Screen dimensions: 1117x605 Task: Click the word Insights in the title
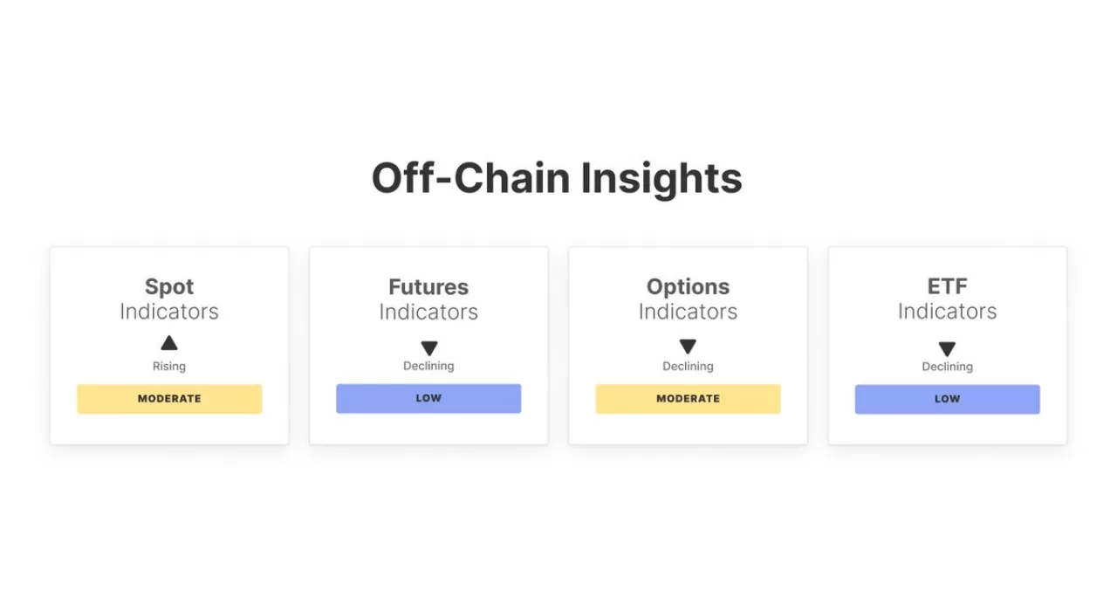pos(661,180)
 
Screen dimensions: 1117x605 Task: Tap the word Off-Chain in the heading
pos(470,178)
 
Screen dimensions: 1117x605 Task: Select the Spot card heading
pos(169,287)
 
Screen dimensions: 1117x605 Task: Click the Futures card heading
pos(428,287)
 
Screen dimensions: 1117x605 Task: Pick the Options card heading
pos(688,287)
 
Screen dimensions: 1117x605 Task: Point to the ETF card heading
pos(947,287)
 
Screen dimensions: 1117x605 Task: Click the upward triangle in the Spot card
pos(169,343)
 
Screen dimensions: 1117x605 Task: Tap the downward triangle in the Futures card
pos(428,347)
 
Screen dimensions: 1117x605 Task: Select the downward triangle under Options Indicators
pos(688,346)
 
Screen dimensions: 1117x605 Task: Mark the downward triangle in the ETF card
pos(947,348)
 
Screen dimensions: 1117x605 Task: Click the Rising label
pos(169,367)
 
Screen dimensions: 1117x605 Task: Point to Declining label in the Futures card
pos(428,366)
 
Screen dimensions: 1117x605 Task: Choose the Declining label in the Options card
pos(688,367)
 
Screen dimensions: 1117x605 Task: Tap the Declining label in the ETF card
pos(947,367)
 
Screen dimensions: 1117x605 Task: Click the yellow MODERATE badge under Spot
pos(169,399)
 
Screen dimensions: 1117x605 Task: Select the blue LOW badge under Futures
pos(428,398)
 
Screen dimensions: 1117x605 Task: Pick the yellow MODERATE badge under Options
pos(688,399)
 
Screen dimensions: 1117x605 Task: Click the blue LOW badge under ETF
pos(947,400)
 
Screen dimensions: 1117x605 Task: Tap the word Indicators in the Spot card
pos(169,312)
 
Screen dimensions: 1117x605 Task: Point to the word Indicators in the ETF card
pos(947,312)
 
